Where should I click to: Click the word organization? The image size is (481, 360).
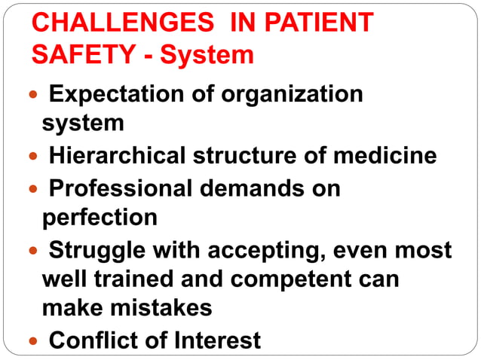[290, 95]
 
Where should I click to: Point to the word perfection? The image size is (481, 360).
[100, 218]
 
